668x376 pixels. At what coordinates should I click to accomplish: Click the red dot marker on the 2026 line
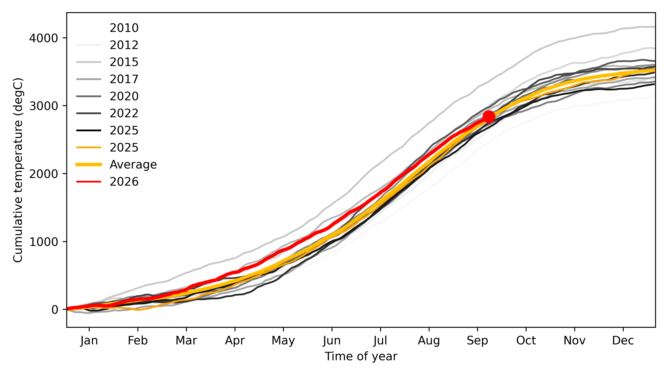pos(489,117)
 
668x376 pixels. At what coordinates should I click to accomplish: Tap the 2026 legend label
pos(124,182)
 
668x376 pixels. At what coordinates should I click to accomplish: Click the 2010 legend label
pos(124,28)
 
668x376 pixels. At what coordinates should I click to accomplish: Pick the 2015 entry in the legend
pos(124,62)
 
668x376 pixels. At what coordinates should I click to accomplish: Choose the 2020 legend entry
pos(124,96)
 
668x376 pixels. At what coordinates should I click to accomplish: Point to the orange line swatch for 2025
pos(89,147)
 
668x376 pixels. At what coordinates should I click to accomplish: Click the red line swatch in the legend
pos(89,182)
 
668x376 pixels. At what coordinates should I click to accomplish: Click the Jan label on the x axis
pos(89,340)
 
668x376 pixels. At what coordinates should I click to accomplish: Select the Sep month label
pos(477,340)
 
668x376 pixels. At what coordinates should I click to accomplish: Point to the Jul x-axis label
pos(380,340)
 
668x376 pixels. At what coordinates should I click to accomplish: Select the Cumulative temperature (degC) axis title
pos(18,170)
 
